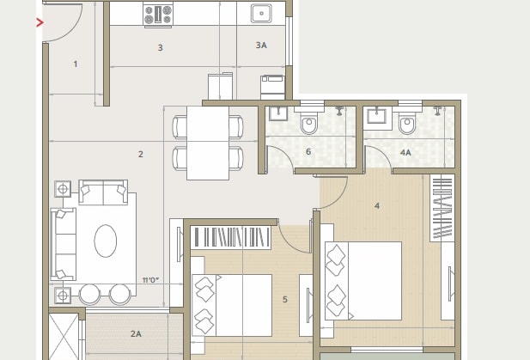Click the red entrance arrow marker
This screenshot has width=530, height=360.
[40, 22]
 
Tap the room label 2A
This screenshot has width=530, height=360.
[136, 333]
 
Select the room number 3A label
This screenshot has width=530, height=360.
[260, 45]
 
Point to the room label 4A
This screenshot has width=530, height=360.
[405, 152]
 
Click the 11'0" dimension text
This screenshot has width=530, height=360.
[151, 280]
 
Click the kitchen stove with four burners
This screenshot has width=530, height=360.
[157, 14]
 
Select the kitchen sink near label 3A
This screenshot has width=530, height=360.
[261, 13]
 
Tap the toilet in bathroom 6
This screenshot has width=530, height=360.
[309, 125]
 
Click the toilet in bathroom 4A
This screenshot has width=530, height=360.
[408, 125]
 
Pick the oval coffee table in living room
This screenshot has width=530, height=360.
[106, 241]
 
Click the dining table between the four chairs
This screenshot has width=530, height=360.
[208, 142]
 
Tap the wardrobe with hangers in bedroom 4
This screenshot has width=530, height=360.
[442, 208]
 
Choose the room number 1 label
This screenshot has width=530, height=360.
[76, 64]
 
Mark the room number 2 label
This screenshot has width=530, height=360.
[140, 154]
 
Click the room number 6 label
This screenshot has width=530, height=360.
[308, 152]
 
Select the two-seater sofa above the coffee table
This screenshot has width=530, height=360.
[103, 192]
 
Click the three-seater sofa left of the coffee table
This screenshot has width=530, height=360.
[63, 244]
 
